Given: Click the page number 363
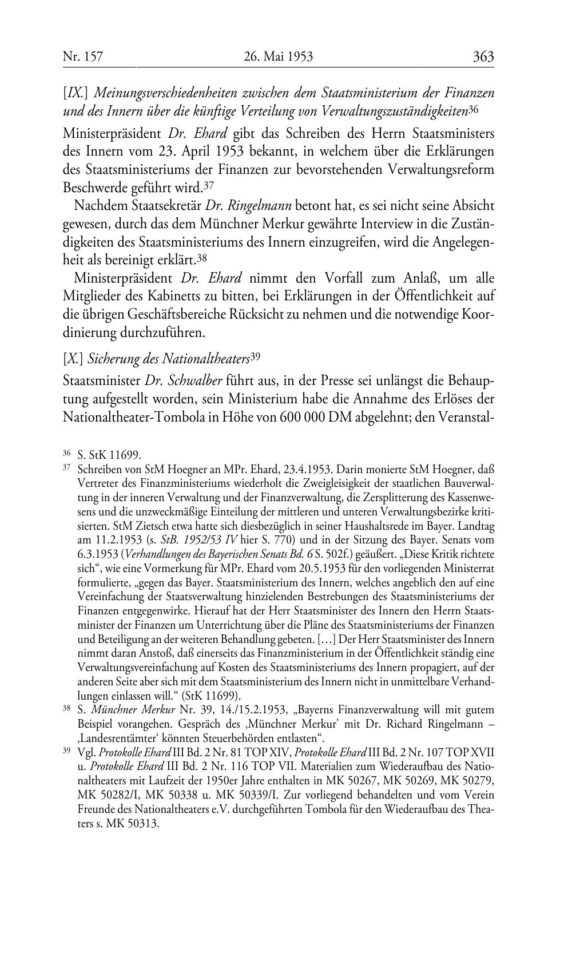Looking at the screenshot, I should coord(483,57).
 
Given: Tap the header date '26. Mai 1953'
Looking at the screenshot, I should coord(279,57).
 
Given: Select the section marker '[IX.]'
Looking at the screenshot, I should coord(75,92).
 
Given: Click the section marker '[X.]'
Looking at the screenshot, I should coord(73,359).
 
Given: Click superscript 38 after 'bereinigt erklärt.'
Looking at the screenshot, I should coord(201,257).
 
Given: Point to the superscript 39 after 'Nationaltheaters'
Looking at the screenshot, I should coord(256,357).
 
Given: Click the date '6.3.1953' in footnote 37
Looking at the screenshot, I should coord(93,554).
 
